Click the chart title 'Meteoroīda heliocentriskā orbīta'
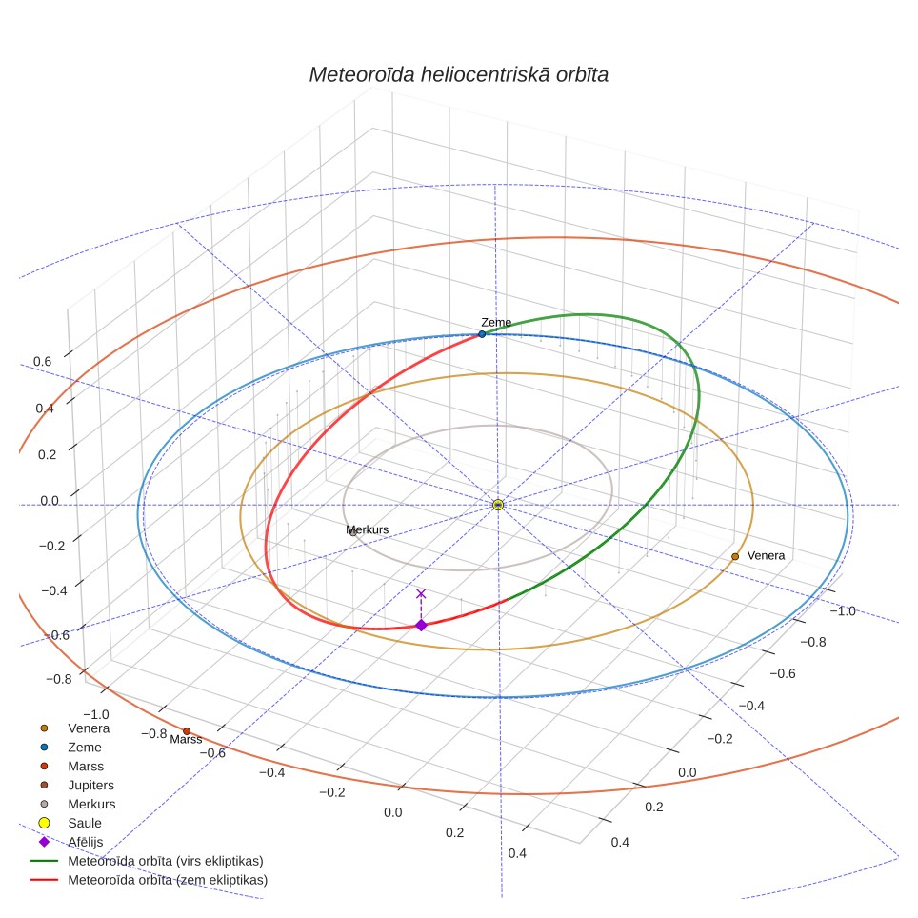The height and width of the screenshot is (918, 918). [x=458, y=75]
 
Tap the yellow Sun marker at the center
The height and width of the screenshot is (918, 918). [x=498, y=505]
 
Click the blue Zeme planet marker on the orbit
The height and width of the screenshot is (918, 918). [x=482, y=334]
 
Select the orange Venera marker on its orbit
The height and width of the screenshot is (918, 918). [x=735, y=557]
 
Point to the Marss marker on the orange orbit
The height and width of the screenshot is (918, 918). [x=187, y=731]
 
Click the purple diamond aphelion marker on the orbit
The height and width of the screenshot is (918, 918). [x=421, y=626]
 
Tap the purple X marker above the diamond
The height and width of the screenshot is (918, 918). [x=421, y=593]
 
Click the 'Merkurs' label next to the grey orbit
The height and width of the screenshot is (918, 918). [x=367, y=529]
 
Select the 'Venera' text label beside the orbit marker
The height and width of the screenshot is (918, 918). [x=766, y=555]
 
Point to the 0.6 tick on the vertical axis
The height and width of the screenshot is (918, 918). [x=42, y=361]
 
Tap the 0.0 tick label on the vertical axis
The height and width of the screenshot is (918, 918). [x=50, y=501]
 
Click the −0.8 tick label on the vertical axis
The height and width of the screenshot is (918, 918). [x=58, y=679]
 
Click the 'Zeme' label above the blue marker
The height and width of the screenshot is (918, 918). [x=496, y=323]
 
